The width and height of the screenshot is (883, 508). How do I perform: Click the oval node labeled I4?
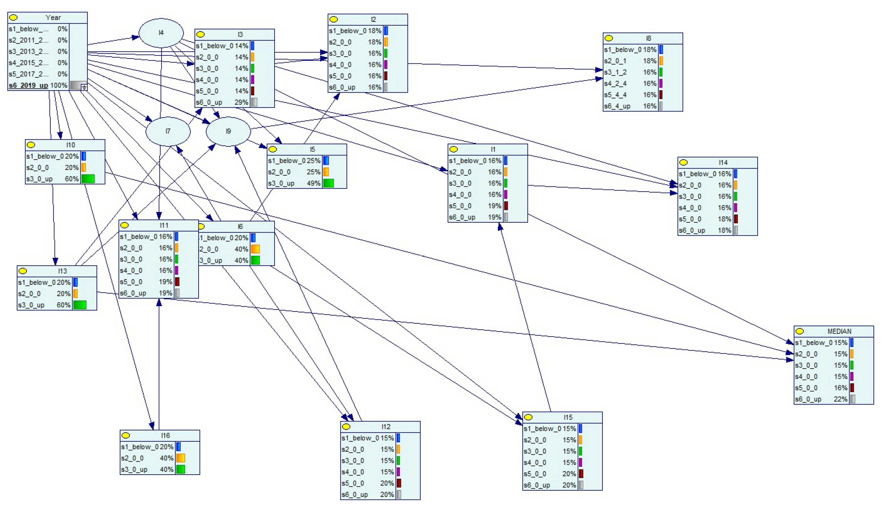pyautogui.click(x=161, y=33)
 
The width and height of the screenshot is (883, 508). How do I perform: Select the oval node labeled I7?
pyautogui.click(x=168, y=131)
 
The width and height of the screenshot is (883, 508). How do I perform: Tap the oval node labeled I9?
pyautogui.click(x=228, y=131)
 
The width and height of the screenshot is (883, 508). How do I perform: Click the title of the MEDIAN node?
pyautogui.click(x=839, y=331)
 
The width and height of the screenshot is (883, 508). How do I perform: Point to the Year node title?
pyautogui.click(x=53, y=17)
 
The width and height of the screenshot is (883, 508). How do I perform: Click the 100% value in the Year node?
pyautogui.click(x=59, y=85)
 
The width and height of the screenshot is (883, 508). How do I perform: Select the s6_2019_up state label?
pyautogui.click(x=28, y=85)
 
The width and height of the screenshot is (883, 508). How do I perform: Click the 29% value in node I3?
pyautogui.click(x=241, y=102)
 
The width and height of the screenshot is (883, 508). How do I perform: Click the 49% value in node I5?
pyautogui.click(x=313, y=183)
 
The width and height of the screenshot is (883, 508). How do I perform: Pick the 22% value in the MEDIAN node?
pyautogui.click(x=840, y=399)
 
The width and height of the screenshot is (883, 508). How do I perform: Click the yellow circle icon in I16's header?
pyautogui.click(x=126, y=435)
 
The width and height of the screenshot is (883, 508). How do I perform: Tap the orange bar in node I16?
pyautogui.click(x=180, y=458)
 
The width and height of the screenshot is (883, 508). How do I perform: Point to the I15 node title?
pyautogui.click(x=568, y=417)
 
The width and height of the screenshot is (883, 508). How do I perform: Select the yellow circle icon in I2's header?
pyautogui.click(x=334, y=19)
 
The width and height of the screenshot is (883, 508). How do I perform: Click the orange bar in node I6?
pyautogui.click(x=255, y=249)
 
